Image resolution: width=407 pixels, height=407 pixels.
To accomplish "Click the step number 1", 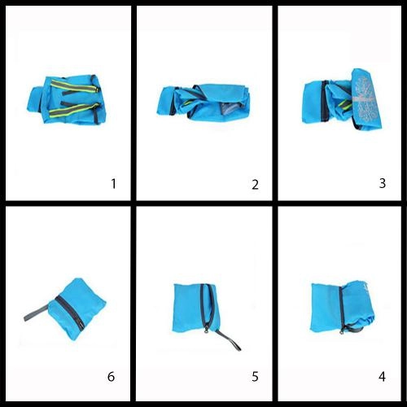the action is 114,184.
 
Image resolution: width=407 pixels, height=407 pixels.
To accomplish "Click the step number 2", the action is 255,185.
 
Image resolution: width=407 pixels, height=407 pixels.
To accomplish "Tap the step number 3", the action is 383,183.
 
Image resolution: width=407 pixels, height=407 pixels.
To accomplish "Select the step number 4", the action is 382,377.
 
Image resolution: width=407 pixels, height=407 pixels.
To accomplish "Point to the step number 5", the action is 255,377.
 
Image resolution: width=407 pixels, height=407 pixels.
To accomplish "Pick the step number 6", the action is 111,377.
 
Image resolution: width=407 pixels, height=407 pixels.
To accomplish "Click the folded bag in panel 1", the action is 67,99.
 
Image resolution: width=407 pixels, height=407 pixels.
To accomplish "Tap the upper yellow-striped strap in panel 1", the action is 73,85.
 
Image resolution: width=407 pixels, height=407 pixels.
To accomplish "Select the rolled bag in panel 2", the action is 203,101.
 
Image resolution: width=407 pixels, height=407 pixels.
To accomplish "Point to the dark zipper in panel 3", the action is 324,101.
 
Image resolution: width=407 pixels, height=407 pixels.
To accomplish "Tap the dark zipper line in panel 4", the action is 341,309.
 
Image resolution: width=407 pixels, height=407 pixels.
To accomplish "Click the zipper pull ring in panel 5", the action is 207,330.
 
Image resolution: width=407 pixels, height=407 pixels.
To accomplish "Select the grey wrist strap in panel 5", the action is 229,339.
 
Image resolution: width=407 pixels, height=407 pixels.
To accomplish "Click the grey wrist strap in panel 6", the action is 37,313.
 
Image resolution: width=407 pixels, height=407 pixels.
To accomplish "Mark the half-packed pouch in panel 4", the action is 343,308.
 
